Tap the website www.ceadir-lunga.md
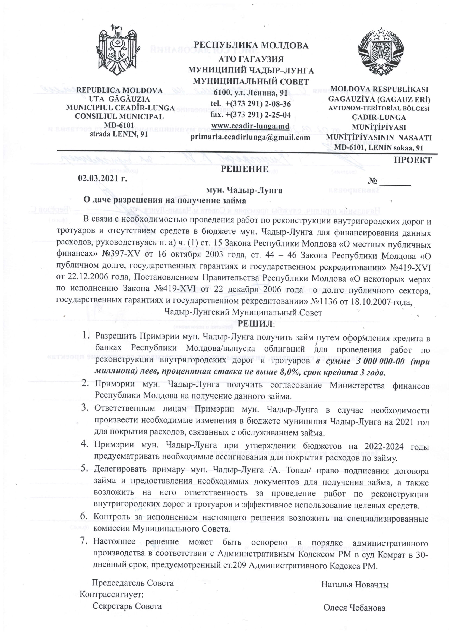coord(250,126)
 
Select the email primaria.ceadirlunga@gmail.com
coord(250,137)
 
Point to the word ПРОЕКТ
coord(413,160)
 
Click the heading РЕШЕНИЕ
coord(244,169)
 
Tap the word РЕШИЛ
coord(256,324)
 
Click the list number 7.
coord(84,541)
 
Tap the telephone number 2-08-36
coord(277,104)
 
